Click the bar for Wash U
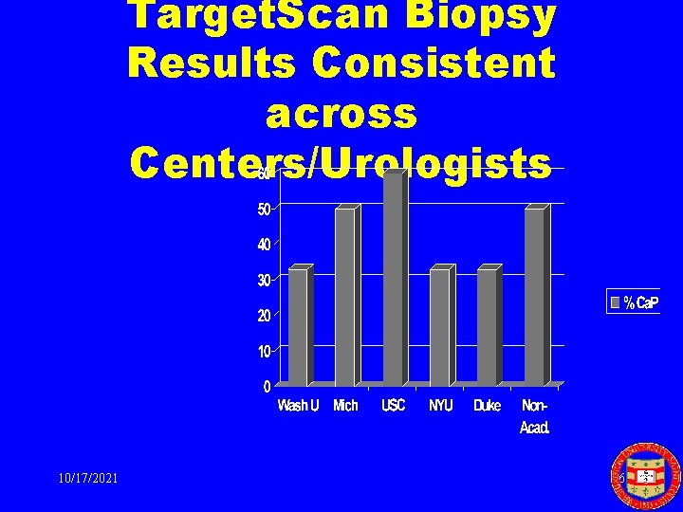coord(298,326)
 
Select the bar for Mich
coord(345,296)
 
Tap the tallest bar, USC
coord(393,279)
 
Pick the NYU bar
coord(439,326)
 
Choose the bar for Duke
coord(487,326)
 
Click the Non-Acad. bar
coord(534,296)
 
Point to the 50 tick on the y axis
coord(266,208)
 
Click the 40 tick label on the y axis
coord(266,244)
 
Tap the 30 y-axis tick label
coord(266,279)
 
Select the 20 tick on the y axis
coord(266,315)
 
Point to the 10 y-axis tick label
coord(266,351)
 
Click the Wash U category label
coord(298,406)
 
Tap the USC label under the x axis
coord(393,406)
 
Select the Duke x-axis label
coord(487,406)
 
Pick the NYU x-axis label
coord(441,406)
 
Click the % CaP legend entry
coord(634,302)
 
